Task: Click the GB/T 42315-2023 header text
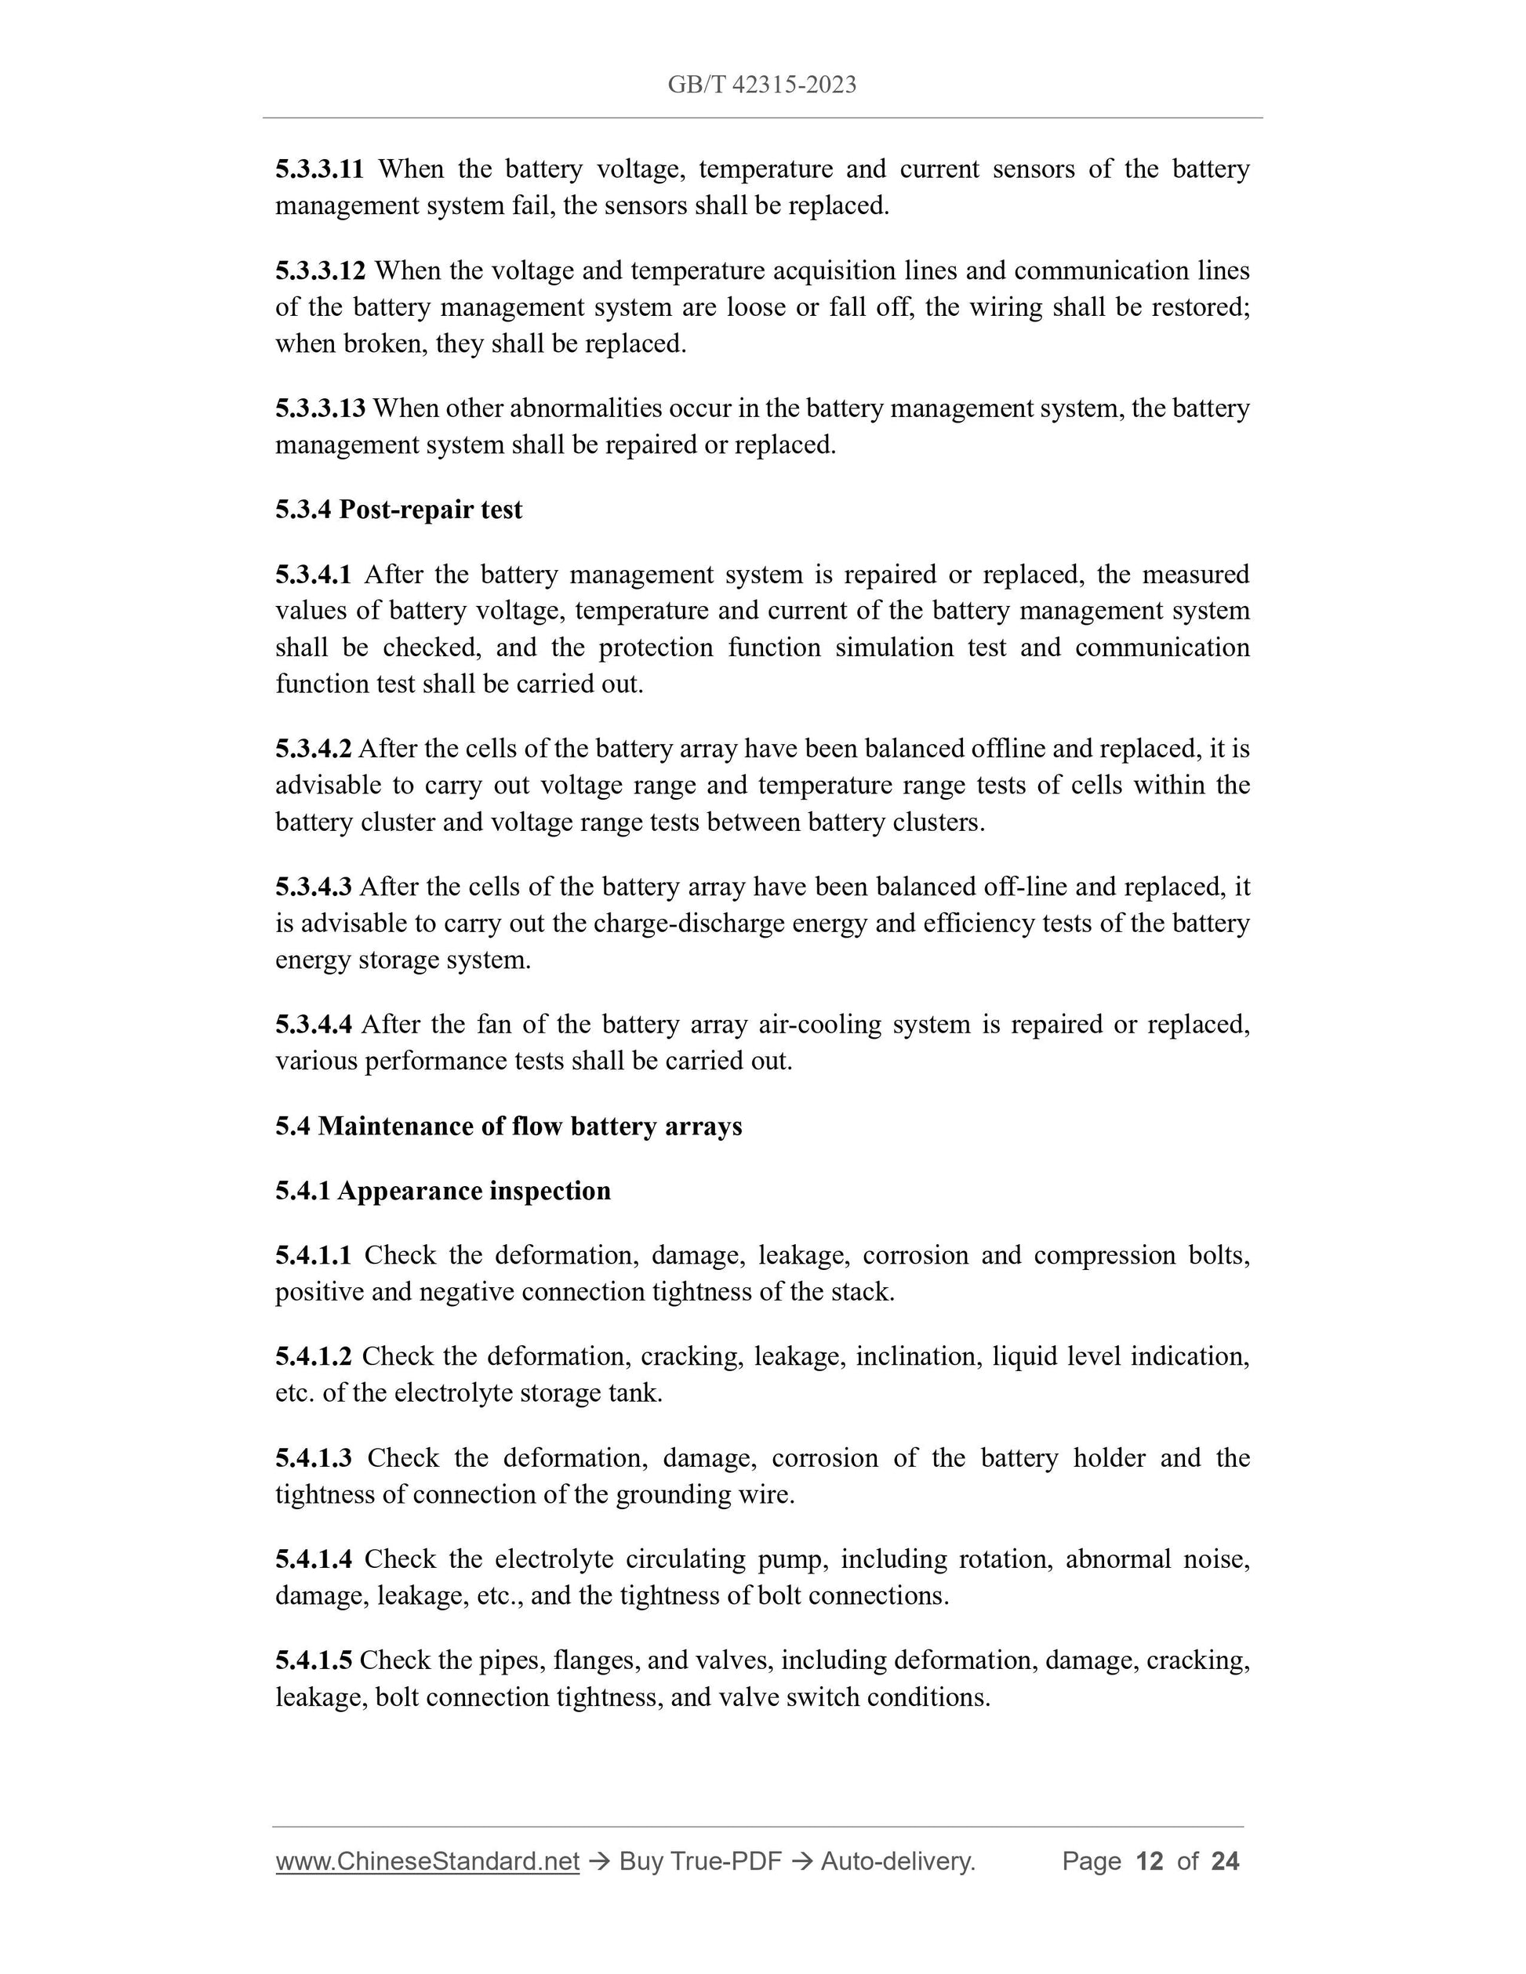[762, 85]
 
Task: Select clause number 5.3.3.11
[319, 169]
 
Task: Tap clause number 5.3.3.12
[320, 270]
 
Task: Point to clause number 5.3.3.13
[320, 408]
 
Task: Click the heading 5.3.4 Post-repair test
[398, 510]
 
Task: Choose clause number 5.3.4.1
[313, 575]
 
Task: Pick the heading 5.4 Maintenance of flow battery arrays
[508, 1127]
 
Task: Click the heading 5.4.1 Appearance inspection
[443, 1192]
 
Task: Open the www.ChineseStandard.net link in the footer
[427, 1861]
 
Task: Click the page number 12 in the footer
[1149, 1861]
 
